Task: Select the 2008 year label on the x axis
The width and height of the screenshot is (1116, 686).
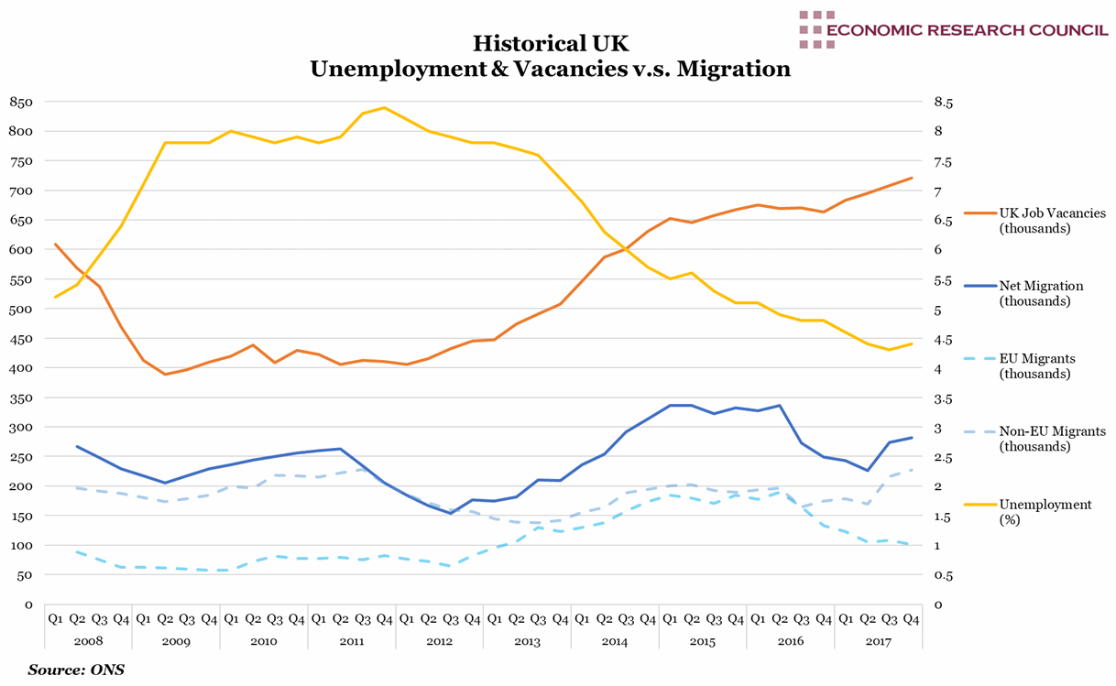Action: click(x=88, y=641)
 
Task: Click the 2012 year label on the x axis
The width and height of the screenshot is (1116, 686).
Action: click(x=440, y=641)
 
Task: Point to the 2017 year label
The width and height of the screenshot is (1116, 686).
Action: click(x=878, y=641)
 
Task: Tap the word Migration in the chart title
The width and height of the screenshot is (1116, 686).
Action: click(x=733, y=70)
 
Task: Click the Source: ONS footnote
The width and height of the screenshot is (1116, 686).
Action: click(x=76, y=670)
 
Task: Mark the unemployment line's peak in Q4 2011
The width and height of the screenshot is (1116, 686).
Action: click(x=384, y=107)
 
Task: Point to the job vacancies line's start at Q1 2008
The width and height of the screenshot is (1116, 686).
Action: click(x=55, y=245)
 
